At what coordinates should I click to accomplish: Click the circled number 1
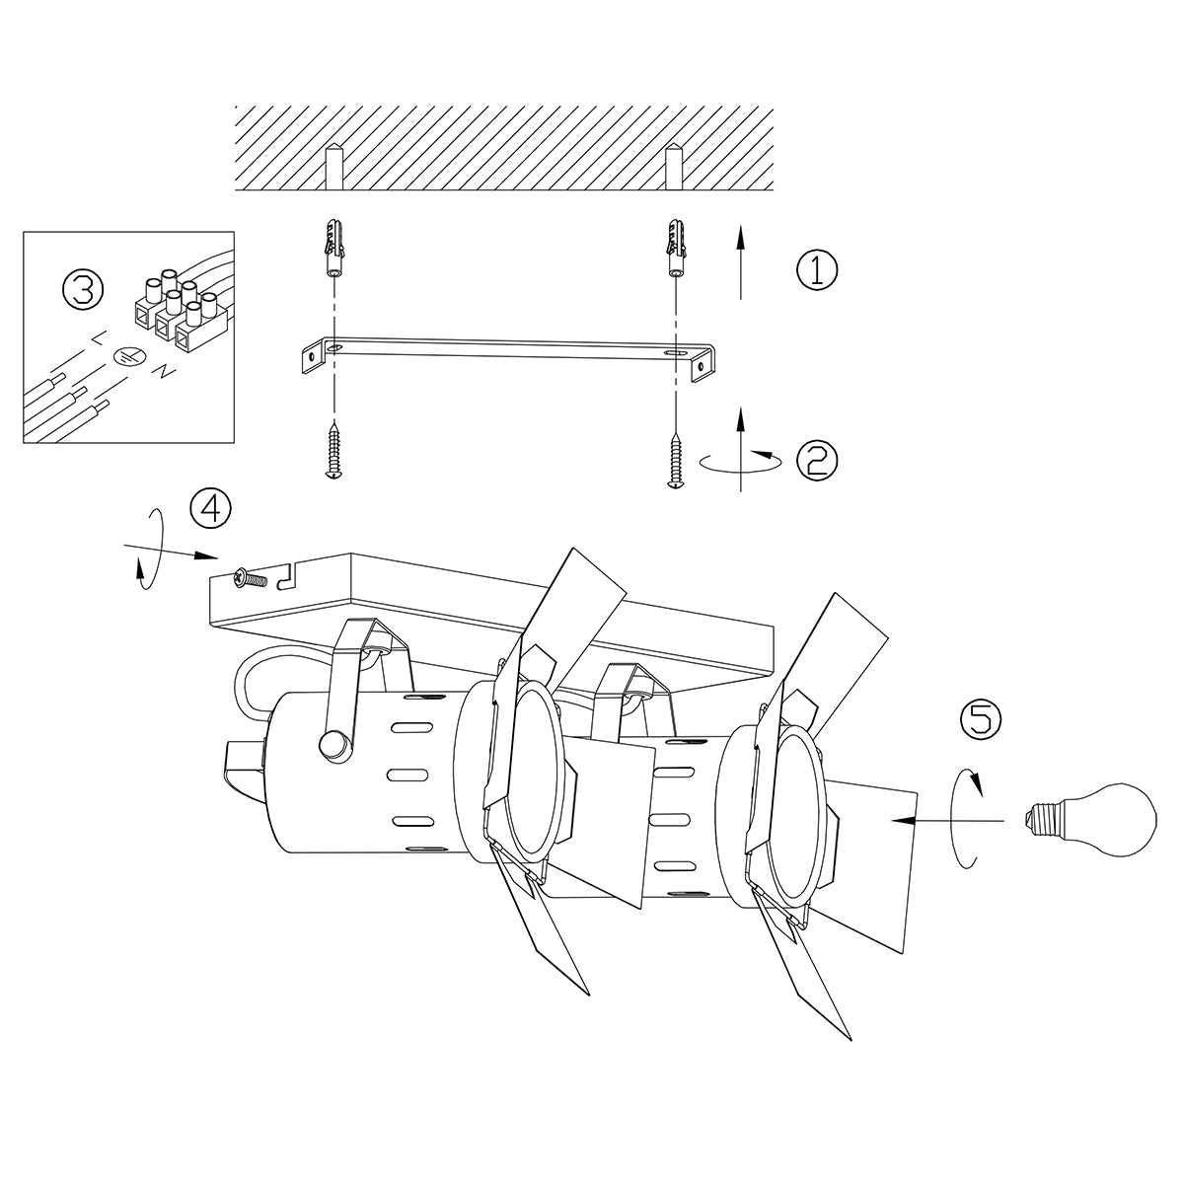click(x=816, y=270)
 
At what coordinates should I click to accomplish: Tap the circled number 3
click(x=82, y=289)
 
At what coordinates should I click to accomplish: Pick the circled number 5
click(x=980, y=718)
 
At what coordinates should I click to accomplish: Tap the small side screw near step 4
click(x=251, y=580)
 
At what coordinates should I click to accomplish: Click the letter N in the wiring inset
click(x=163, y=372)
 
